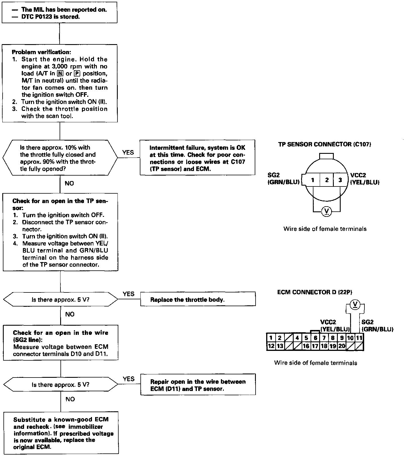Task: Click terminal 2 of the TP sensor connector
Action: [327, 180]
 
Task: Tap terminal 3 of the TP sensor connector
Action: [340, 180]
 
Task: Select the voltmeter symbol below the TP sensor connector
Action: [326, 211]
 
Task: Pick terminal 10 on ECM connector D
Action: [350, 338]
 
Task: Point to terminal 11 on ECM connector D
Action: [359, 338]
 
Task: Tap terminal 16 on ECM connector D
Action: [306, 346]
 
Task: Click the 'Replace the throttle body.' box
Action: [198, 300]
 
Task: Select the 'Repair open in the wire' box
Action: [198, 385]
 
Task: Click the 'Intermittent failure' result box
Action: [197, 158]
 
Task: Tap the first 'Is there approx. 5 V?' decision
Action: [60, 300]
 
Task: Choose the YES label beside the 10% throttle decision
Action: [128, 152]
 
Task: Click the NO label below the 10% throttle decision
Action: [69, 183]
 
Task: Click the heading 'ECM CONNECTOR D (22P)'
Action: [315, 292]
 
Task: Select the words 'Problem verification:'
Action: [42, 52]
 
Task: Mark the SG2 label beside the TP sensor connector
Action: [273, 175]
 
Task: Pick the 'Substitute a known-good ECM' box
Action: [61, 433]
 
